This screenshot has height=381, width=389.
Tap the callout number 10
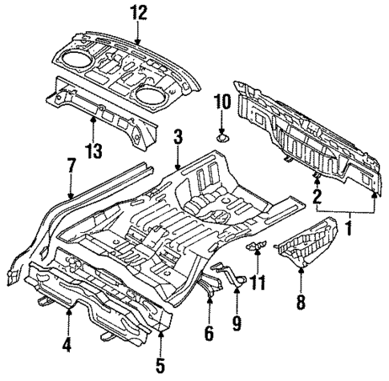coord(222,102)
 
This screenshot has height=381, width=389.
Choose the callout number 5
coord(160,367)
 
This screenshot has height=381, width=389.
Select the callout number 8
coord(301,303)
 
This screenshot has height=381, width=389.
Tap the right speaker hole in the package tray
coord(149,94)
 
